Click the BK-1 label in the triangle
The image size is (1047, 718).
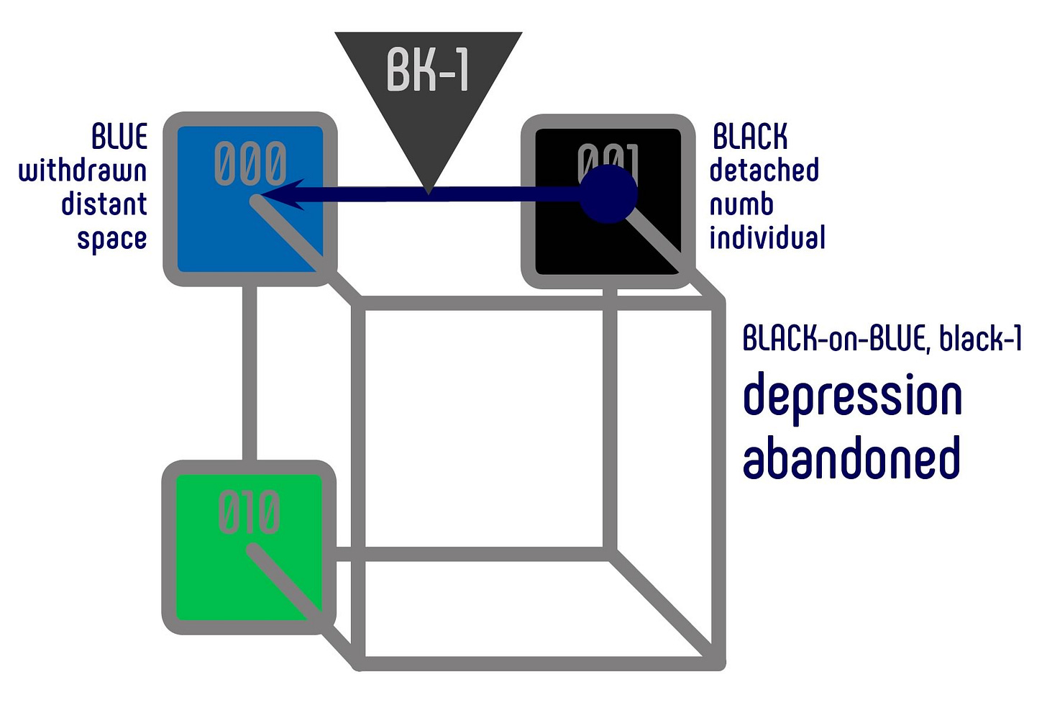coord(429,71)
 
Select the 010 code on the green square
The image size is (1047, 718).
coord(249,512)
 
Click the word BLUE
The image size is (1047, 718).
coord(120,137)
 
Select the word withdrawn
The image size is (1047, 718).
coord(83,171)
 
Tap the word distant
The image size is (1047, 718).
coord(104,204)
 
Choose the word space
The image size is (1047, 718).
coord(112,239)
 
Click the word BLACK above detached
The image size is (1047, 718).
coord(750,137)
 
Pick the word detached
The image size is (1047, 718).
coord(764,171)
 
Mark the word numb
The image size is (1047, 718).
coord(741,204)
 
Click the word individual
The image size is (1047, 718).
coord(767,238)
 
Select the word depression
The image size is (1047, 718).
coord(852,398)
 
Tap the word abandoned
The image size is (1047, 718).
coord(851,458)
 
